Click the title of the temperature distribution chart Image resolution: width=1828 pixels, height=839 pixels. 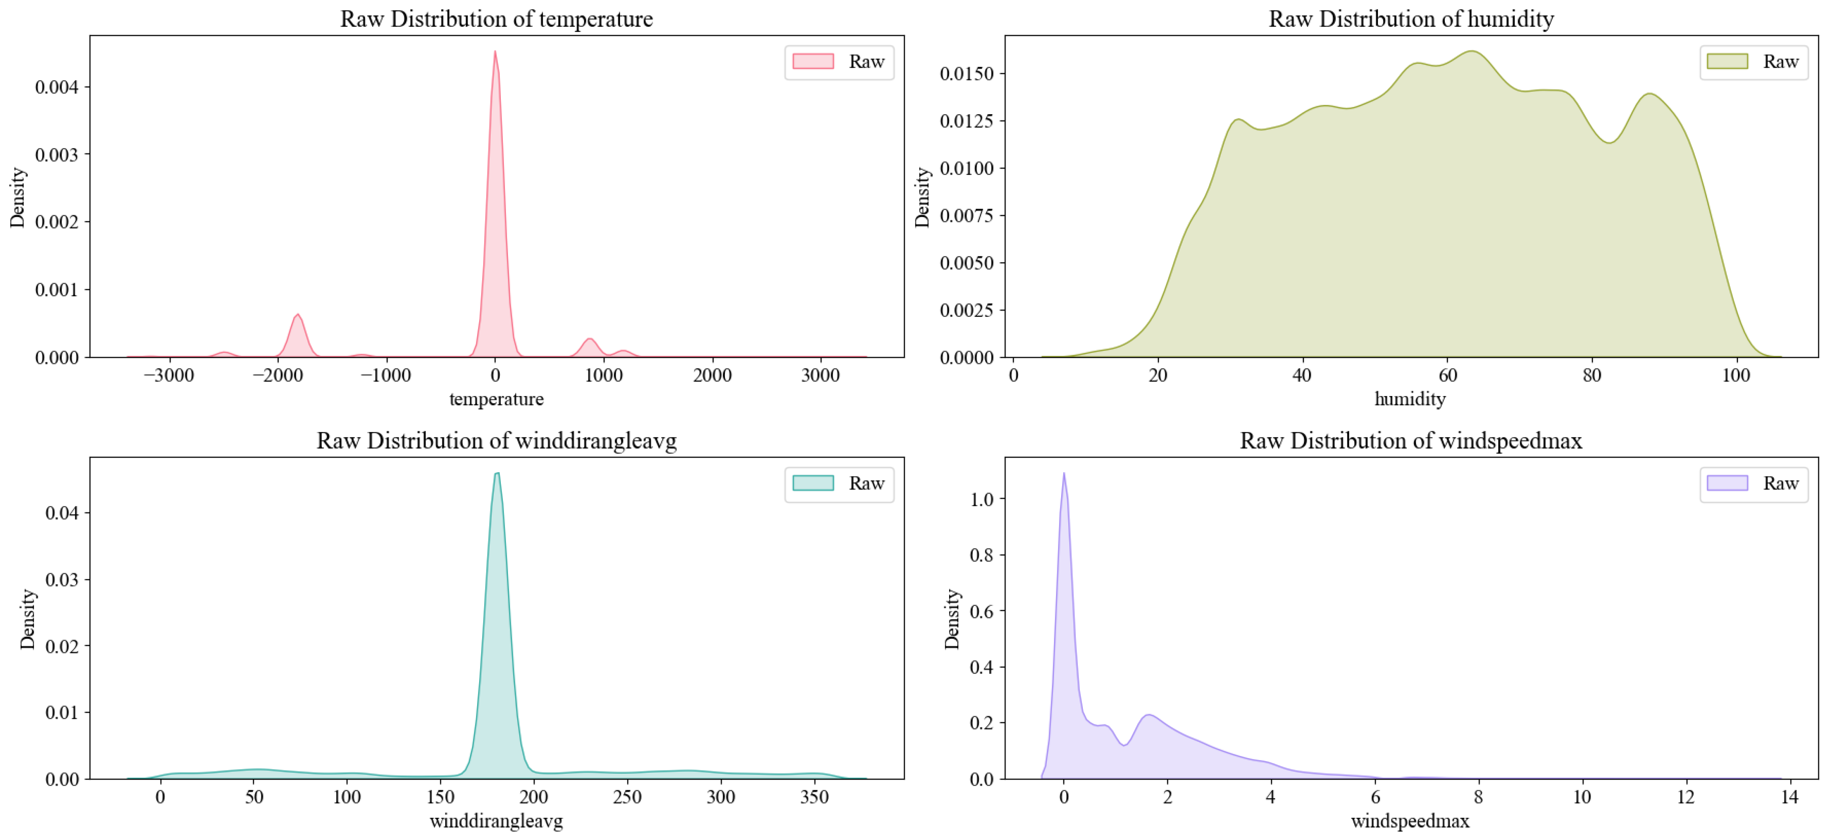496,19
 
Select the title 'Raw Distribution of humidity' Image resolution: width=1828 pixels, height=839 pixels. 1411,19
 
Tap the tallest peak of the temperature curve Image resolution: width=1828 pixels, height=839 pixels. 494,51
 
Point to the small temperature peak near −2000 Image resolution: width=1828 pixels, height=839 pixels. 298,314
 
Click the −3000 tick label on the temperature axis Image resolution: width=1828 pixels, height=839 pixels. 168,375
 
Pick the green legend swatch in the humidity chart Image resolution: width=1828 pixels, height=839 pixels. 1727,62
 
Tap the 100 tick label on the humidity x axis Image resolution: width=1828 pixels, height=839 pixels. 1736,375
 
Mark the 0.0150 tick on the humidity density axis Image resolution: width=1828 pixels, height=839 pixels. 966,74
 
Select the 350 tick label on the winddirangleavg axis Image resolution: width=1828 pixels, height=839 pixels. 815,797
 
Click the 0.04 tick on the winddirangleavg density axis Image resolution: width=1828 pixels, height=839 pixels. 63,512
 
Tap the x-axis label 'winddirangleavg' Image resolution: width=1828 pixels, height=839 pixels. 496,821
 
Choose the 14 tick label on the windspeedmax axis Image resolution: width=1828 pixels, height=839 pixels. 1789,797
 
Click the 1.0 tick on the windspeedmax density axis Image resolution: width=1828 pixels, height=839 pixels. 982,499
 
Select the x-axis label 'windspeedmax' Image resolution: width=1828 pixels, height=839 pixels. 1410,821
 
